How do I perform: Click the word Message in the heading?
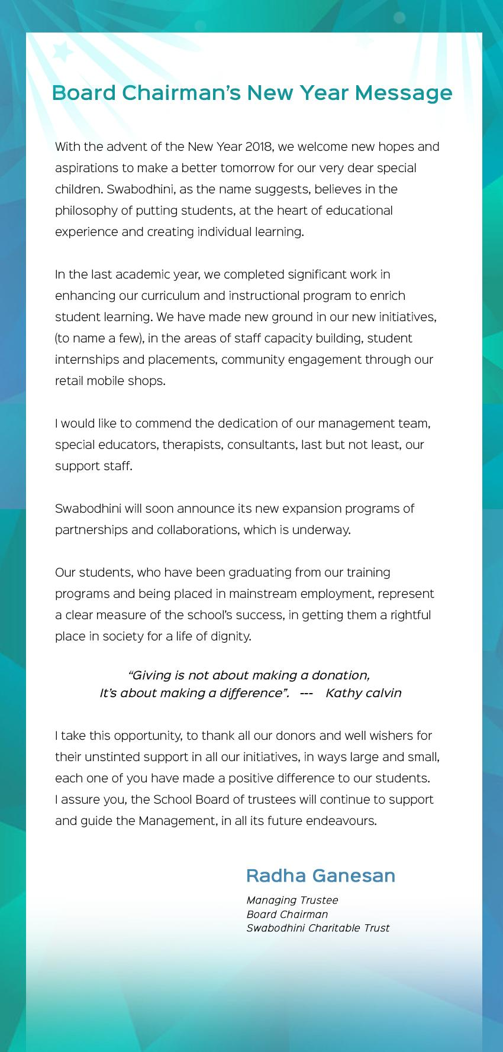pos(405,93)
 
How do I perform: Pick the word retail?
pos(69,381)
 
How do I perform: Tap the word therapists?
pos(192,445)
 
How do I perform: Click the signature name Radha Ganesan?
pos(320,875)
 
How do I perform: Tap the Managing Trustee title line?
pos(292,900)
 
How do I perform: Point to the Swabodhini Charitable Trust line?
pos(318,928)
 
